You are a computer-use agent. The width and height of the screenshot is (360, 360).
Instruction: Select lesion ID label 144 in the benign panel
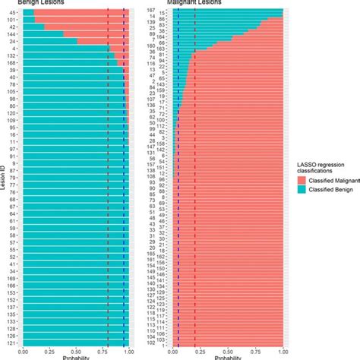pyautogui.click(x=14, y=35)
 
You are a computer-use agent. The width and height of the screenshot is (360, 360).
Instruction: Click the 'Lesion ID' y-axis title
pyautogui.click(x=4, y=182)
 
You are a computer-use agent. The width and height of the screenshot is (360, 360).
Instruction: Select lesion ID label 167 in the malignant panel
pyautogui.click(x=151, y=9)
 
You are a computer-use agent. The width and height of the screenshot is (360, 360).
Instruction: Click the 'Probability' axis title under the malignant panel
pyautogui.click(x=227, y=358)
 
